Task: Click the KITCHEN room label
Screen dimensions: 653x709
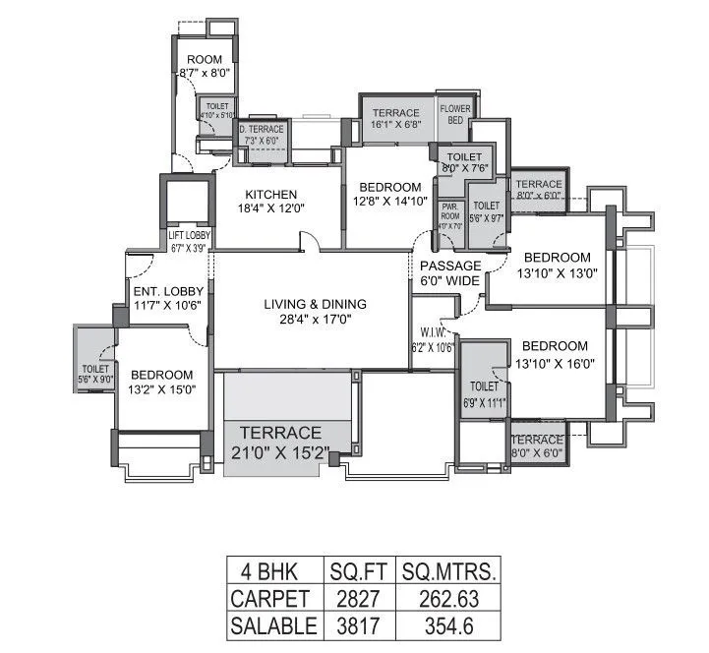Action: tap(271, 193)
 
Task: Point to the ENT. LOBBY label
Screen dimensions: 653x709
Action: tap(168, 291)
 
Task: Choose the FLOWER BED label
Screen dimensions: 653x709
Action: tap(455, 114)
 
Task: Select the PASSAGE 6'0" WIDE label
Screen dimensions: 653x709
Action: tap(450, 273)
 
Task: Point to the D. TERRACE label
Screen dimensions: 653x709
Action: tap(262, 129)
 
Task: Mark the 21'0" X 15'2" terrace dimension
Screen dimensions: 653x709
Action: tap(276, 451)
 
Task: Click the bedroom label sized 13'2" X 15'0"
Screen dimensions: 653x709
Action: tap(161, 375)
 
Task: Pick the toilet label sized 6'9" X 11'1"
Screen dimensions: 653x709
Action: tap(483, 387)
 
